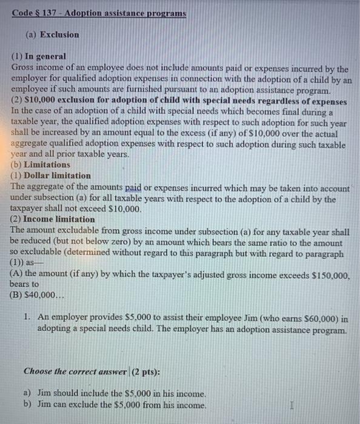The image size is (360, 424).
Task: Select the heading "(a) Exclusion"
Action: point(52,35)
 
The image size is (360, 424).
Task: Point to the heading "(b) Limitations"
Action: point(41,165)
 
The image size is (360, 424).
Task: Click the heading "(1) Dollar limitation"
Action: point(51,176)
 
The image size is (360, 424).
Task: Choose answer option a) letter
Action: point(27,394)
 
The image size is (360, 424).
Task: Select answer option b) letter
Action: point(27,405)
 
